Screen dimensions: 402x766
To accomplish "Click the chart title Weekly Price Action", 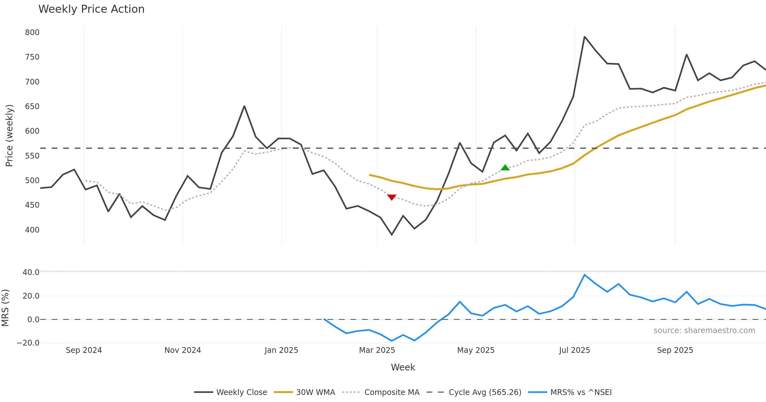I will pyautogui.click(x=91, y=9).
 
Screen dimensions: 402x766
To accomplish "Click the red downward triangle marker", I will pyautogui.click(x=392, y=197).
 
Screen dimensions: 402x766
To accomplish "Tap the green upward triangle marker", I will pyautogui.click(x=505, y=167).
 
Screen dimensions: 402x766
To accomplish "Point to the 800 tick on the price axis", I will pyautogui.click(x=32, y=33).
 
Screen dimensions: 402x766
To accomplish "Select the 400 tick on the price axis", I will pyautogui.click(x=32, y=230).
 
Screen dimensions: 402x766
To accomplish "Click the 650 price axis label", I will pyautogui.click(x=32, y=107).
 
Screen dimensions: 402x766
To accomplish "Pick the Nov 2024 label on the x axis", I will pyautogui.click(x=183, y=350).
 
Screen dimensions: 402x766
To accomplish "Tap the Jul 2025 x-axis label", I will pyautogui.click(x=574, y=350).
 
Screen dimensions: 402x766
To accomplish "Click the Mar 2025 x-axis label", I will pyautogui.click(x=377, y=350).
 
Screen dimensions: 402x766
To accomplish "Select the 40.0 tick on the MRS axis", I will pyautogui.click(x=31, y=272).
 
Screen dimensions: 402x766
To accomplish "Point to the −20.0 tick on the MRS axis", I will pyautogui.click(x=28, y=343).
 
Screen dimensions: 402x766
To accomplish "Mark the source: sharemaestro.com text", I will pyautogui.click(x=704, y=331).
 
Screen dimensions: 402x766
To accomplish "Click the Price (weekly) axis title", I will pyautogui.click(x=9, y=136).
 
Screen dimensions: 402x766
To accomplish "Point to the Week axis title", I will pyautogui.click(x=403, y=368).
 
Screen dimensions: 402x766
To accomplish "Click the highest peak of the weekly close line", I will pyautogui.click(x=584, y=37).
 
